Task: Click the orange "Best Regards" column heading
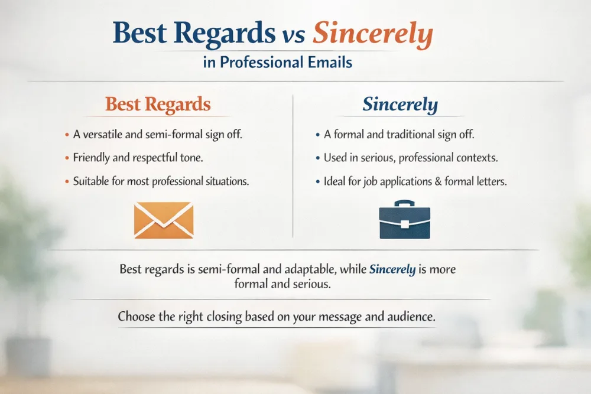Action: click(x=158, y=105)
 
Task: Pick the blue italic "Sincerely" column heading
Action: click(x=400, y=105)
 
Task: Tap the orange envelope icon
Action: click(x=164, y=220)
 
